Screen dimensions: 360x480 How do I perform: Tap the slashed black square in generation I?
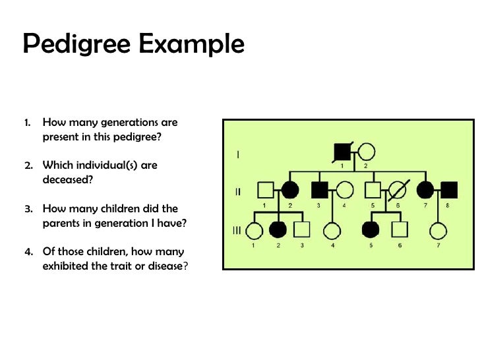click(x=343, y=152)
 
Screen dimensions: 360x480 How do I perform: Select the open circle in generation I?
click(x=367, y=152)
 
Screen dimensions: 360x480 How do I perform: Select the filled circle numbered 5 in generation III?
click(x=371, y=230)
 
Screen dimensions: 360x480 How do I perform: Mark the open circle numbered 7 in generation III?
click(x=438, y=230)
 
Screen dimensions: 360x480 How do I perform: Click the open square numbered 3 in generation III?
click(x=302, y=230)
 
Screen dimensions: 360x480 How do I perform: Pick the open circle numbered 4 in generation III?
click(x=332, y=230)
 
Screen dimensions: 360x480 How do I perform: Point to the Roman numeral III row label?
click(x=238, y=229)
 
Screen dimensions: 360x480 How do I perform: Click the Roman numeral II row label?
click(x=238, y=192)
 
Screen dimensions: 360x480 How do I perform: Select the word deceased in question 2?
click(x=63, y=179)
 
